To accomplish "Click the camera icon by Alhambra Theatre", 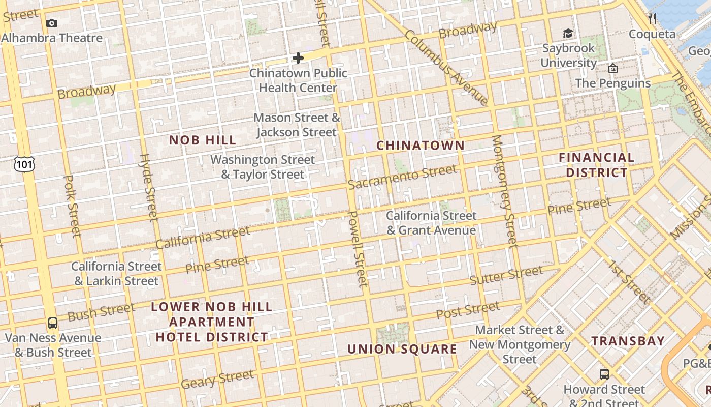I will pyautogui.click(x=51, y=23).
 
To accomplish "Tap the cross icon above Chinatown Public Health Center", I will pyautogui.click(x=298, y=58).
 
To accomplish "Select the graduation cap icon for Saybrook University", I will pyautogui.click(x=568, y=34).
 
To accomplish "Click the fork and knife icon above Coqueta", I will pyautogui.click(x=652, y=19).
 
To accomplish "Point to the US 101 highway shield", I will pyautogui.click(x=24, y=164).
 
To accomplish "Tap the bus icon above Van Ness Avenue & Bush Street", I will pyautogui.click(x=52, y=323).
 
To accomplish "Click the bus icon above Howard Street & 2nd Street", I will pyautogui.click(x=604, y=374).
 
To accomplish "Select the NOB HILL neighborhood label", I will pyautogui.click(x=203, y=140).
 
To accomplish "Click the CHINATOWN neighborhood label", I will pyautogui.click(x=421, y=146).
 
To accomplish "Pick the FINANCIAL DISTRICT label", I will pyautogui.click(x=597, y=165).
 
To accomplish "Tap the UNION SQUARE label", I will pyautogui.click(x=402, y=349).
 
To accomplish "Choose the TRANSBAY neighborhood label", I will pyautogui.click(x=628, y=341).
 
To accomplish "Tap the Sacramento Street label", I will pyautogui.click(x=402, y=177).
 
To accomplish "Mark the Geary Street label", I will pyautogui.click(x=217, y=379).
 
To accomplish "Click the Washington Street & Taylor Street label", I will pyautogui.click(x=263, y=167).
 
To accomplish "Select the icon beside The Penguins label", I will pyautogui.click(x=613, y=68).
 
